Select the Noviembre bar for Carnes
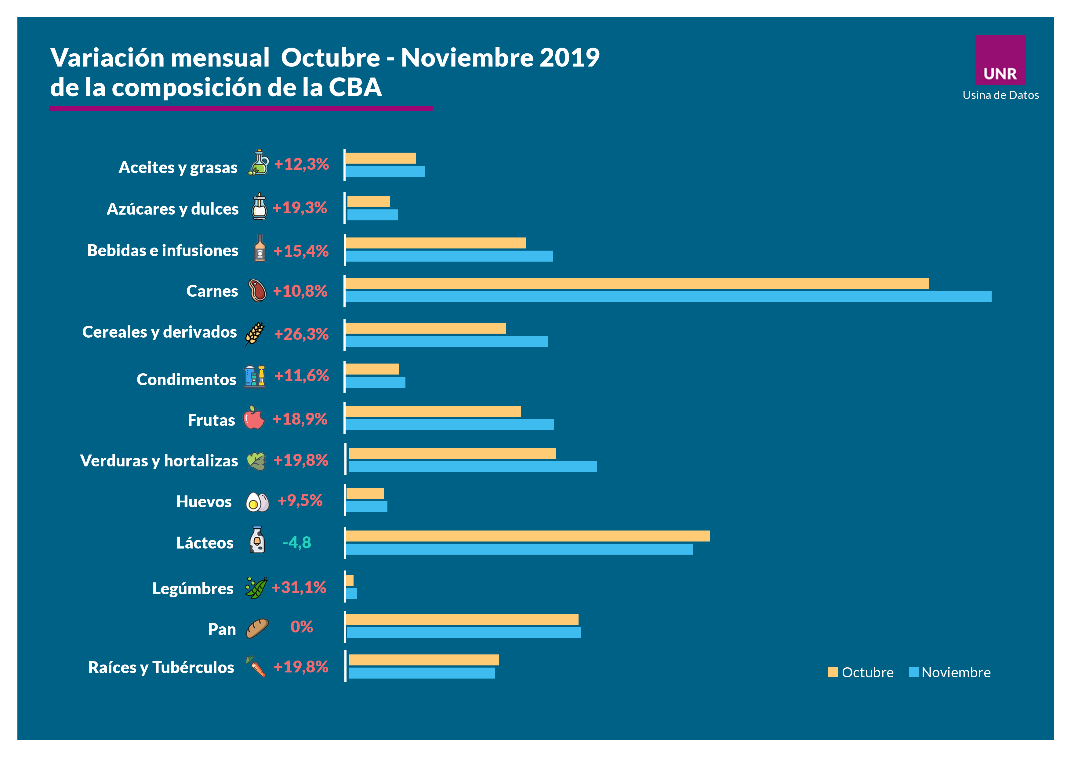668,297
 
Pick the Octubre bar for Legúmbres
349,580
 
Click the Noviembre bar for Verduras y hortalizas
472,466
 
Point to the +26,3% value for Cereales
301,334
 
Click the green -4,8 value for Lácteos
297,542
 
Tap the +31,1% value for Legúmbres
299,587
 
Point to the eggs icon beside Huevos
257,502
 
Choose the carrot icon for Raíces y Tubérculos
256,667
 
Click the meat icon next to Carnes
257,291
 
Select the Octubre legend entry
861,672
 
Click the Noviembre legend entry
950,672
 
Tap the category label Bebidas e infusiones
162,251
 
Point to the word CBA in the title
355,87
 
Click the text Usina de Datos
1000,95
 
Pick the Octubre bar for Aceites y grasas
381,158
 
